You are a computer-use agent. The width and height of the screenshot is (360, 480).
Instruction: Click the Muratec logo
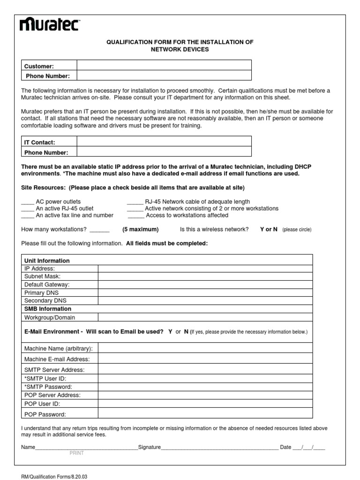click(x=49, y=24)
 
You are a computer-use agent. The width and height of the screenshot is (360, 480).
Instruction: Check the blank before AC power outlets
click(x=28, y=202)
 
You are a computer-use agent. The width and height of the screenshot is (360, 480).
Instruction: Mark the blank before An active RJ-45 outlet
click(x=28, y=209)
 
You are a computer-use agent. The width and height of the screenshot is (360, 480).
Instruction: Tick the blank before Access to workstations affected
click(x=135, y=216)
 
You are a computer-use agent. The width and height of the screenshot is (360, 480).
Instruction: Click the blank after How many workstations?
click(x=99, y=230)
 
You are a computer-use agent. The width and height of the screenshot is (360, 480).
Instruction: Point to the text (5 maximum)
click(x=141, y=230)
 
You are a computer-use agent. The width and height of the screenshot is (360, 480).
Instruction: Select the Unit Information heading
click(x=47, y=261)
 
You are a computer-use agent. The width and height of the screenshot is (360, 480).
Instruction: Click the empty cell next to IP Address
click(x=205, y=269)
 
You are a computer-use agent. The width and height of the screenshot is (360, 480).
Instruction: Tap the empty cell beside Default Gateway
click(x=205, y=285)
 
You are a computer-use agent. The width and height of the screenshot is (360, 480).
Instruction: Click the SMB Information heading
click(x=48, y=309)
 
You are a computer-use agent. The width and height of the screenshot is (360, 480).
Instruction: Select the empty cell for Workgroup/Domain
click(x=205, y=317)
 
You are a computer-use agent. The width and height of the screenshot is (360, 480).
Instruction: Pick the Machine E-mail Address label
click(x=57, y=359)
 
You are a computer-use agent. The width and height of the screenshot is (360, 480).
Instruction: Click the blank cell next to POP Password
click(x=205, y=414)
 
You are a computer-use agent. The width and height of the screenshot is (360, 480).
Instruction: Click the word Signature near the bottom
click(x=150, y=447)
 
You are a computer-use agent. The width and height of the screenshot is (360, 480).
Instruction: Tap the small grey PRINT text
click(x=76, y=453)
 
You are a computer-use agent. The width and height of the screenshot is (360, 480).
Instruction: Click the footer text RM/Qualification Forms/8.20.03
click(x=54, y=477)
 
